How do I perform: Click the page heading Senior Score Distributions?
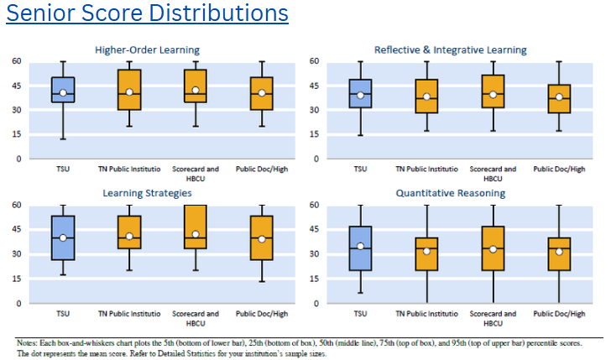(147, 14)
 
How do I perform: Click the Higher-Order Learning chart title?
(147, 50)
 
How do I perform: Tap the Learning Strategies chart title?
(147, 195)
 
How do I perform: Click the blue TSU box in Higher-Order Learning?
(63, 90)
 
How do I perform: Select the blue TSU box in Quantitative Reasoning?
(361, 248)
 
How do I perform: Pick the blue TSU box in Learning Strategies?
(63, 238)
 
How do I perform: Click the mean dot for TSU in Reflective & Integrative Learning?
(361, 96)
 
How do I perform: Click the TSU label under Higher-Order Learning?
(63, 168)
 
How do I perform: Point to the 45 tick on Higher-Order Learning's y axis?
(16, 86)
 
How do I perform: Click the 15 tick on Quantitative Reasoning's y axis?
(316, 278)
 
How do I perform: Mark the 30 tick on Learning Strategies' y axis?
(16, 253)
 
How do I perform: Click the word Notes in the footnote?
(29, 342)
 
